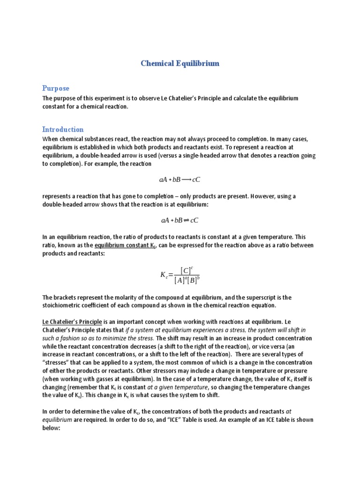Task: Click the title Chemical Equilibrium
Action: (x=180, y=63)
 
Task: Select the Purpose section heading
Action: (x=55, y=88)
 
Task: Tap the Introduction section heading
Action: (x=63, y=129)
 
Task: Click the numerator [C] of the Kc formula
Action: (x=187, y=270)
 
